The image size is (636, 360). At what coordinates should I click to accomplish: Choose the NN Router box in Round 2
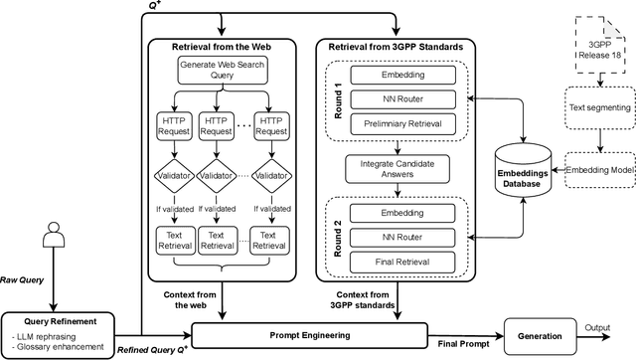(x=397, y=236)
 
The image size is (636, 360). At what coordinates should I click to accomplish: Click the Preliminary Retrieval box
(x=397, y=124)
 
